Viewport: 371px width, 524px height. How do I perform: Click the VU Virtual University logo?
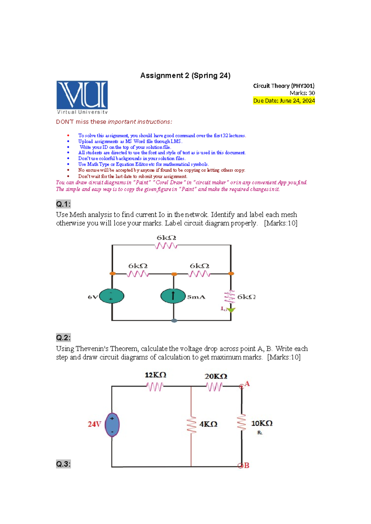[82, 97]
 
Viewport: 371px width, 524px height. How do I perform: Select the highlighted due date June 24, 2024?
[284, 101]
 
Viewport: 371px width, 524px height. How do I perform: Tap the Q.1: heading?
[63, 204]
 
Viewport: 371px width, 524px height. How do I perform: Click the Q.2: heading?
[63, 338]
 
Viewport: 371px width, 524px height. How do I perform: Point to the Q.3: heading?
[63, 464]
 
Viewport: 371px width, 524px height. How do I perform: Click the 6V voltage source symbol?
[112, 296]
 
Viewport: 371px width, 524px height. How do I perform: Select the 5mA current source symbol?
[173, 296]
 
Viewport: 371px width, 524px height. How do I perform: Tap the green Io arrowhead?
[231, 310]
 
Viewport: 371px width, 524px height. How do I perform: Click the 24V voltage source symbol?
[112, 425]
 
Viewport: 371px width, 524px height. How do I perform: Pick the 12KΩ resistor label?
[156, 375]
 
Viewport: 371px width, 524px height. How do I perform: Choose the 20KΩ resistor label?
[216, 376]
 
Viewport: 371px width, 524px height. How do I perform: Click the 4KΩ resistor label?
[208, 424]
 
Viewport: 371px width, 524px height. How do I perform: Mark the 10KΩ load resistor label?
[262, 423]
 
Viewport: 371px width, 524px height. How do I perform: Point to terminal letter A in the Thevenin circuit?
[247, 384]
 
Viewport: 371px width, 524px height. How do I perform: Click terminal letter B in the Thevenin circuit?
[246, 465]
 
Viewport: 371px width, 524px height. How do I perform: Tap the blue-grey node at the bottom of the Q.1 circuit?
[174, 321]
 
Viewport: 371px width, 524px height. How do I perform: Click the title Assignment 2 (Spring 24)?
[185, 76]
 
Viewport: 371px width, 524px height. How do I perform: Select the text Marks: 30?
[302, 93]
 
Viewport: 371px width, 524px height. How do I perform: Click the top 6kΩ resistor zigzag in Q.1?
[166, 246]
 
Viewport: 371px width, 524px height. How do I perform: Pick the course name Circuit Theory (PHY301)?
[284, 86]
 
